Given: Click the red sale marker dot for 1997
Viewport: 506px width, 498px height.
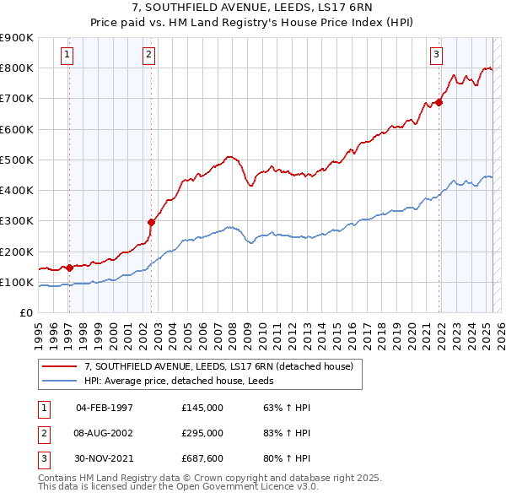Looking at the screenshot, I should pos(69,268).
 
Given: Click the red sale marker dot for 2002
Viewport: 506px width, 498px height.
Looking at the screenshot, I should pos(151,223).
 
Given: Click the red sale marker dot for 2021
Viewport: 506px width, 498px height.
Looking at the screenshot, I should pos(439,103).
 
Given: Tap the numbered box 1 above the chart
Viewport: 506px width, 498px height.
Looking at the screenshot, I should pos(67,56).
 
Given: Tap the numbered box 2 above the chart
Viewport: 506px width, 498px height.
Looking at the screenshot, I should pos(148,56).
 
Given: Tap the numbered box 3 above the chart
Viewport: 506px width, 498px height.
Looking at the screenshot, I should pos(437,56).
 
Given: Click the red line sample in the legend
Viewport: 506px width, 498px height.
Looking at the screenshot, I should pos(60,366).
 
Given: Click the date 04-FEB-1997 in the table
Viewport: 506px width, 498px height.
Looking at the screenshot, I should pos(105,408).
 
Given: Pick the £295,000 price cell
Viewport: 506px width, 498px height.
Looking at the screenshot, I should pos(202,433).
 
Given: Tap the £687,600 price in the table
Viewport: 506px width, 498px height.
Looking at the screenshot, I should pos(202,458).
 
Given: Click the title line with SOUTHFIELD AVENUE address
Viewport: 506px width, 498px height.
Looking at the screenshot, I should pos(252,8).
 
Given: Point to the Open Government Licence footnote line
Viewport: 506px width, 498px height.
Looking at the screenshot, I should pos(178,487).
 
